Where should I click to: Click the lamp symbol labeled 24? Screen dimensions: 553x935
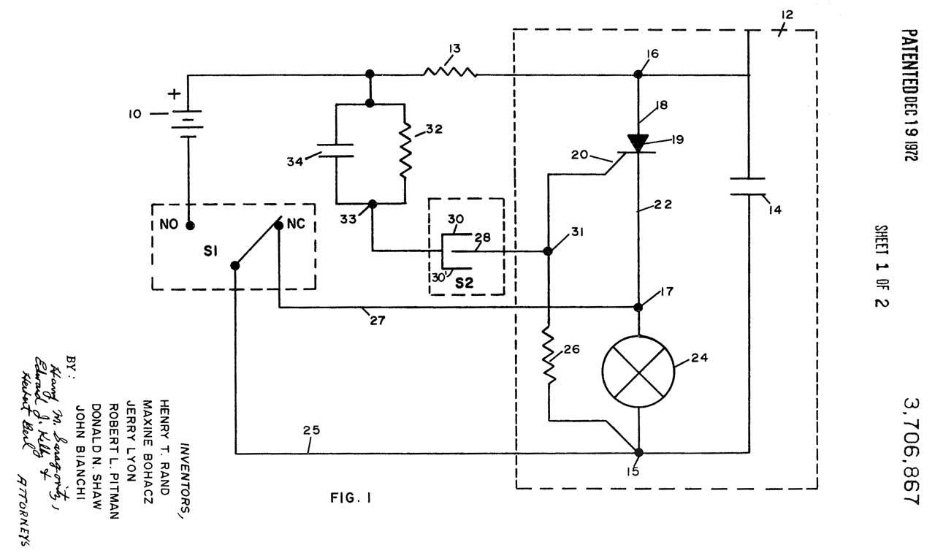pos(639,371)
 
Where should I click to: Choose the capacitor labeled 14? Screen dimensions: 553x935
pos(749,187)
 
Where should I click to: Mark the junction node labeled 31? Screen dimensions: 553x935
pos(548,251)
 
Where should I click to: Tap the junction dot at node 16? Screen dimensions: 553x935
pos(638,74)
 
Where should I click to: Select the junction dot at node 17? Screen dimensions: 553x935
pos(639,307)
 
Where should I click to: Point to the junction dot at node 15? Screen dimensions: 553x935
pos(639,452)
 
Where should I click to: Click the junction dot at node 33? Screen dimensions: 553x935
pos(373,203)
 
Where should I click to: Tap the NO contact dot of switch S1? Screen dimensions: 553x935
pos(189,225)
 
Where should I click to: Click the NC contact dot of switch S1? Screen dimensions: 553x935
pos(279,226)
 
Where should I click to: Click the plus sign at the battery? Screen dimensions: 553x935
pos(174,94)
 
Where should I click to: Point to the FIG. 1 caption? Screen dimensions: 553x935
pos(351,499)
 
